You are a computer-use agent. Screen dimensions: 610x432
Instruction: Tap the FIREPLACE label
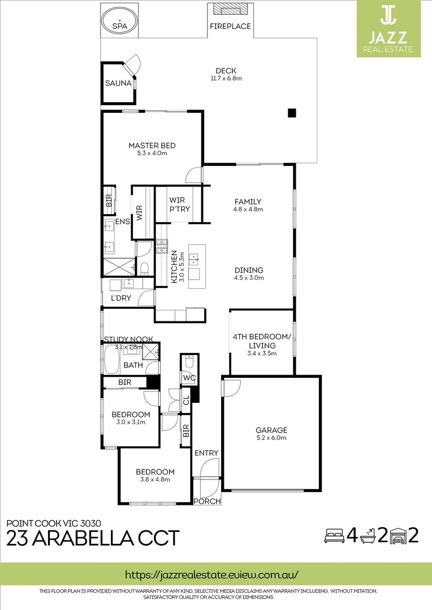click(230, 27)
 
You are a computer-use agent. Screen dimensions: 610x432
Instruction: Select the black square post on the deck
click(292, 113)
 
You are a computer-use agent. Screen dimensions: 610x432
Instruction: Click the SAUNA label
click(118, 84)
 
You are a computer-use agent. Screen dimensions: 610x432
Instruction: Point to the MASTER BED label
click(152, 146)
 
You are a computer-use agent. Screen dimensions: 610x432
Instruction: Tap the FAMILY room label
click(248, 202)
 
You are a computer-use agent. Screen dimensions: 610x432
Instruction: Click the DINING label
click(249, 270)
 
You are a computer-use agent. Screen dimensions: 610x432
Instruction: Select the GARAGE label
click(271, 430)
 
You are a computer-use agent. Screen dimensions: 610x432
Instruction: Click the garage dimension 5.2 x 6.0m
click(271, 438)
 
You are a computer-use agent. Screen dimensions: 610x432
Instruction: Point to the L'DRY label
click(121, 298)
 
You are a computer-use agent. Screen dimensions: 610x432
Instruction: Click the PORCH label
click(207, 501)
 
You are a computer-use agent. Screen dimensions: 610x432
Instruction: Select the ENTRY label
click(206, 453)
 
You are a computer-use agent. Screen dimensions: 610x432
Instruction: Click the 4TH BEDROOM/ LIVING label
click(262, 341)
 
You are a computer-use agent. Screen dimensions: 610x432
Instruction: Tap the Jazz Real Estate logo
click(388, 28)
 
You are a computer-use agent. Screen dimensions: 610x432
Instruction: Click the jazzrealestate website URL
click(211, 574)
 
